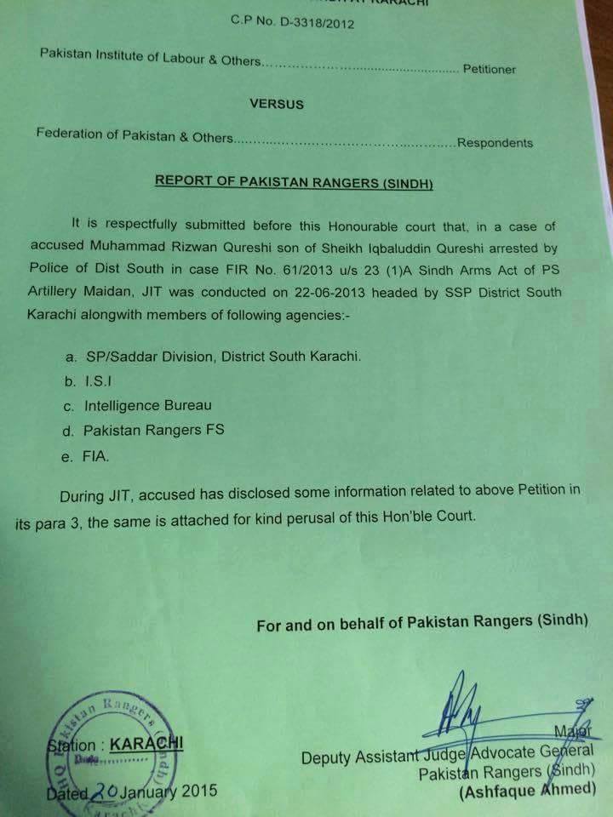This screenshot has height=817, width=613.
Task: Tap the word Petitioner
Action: [489, 69]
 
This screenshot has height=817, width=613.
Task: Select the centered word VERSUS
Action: [277, 104]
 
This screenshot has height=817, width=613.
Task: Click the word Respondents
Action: [495, 143]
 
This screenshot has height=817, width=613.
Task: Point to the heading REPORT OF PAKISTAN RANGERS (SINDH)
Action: [293, 181]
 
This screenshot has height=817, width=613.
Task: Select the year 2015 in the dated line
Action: [193, 790]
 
